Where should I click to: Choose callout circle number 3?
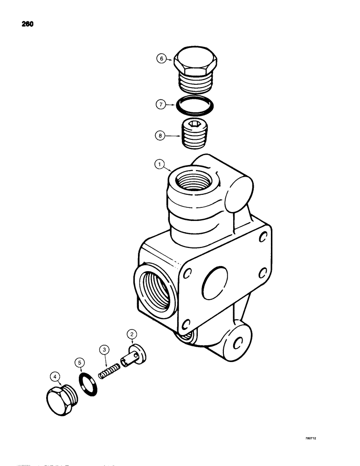[x=104, y=349]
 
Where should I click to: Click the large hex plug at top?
[x=194, y=70]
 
